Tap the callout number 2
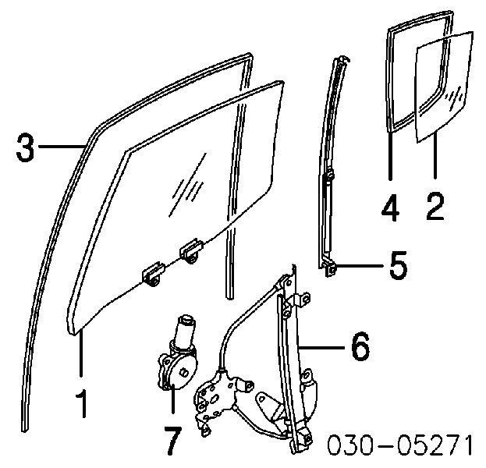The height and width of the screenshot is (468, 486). click(x=435, y=207)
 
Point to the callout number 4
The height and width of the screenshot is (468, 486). click(x=391, y=207)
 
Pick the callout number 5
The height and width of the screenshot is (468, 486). click(x=399, y=265)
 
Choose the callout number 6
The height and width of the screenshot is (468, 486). click(x=360, y=346)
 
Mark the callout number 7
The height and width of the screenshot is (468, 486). click(x=172, y=441)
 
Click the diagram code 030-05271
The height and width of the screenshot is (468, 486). click(x=400, y=445)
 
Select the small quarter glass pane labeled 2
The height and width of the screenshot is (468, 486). click(x=444, y=87)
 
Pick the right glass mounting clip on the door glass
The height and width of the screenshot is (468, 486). click(x=191, y=250)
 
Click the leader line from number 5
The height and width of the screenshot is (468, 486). click(x=360, y=266)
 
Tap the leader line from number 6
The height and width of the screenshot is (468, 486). click(x=323, y=348)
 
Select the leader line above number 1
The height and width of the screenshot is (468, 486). click(x=81, y=354)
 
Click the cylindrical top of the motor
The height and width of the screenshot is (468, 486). click(x=185, y=329)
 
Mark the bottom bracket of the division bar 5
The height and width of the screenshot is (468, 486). click(x=331, y=268)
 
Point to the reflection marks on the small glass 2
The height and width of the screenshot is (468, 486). click(x=455, y=97)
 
